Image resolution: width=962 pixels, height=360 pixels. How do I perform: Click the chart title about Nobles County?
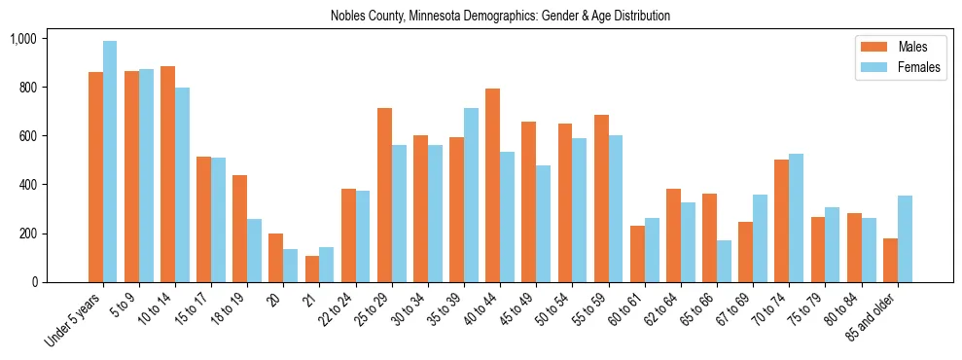(x=500, y=16)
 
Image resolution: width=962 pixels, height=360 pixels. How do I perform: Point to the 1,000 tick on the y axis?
(x=21, y=39)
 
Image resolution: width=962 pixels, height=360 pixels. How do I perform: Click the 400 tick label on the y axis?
(x=26, y=185)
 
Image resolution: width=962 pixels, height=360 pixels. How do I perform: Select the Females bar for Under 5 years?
(x=110, y=162)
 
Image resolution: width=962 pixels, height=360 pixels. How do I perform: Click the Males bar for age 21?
(x=312, y=269)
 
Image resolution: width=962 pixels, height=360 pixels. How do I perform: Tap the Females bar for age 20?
(x=290, y=266)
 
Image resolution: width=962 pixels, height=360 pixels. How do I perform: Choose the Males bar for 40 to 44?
(x=492, y=185)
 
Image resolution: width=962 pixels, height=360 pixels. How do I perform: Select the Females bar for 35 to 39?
(x=471, y=195)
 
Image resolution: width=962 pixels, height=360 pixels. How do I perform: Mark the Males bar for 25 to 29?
(x=384, y=195)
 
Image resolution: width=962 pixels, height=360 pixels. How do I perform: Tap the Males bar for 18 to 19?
(x=239, y=229)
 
